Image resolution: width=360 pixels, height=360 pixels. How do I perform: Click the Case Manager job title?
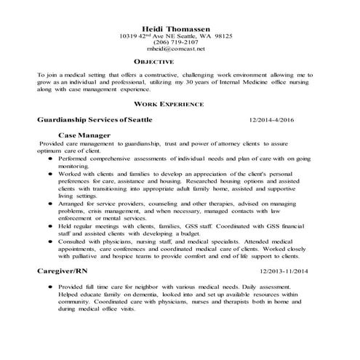pyautogui.click(x=84, y=136)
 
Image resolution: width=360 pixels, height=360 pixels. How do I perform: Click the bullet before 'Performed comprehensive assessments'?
pyautogui.click(x=50, y=158)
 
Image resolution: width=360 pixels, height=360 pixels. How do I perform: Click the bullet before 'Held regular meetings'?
pyautogui.click(x=50, y=228)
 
